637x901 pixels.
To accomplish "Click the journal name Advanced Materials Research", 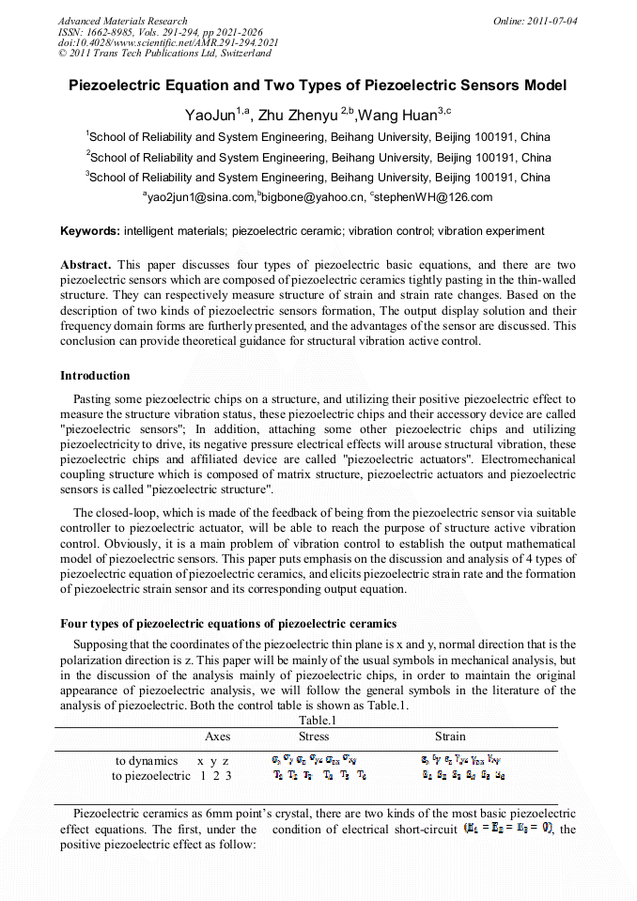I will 122,21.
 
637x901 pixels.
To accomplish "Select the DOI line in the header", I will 168,42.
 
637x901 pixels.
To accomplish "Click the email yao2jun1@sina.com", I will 201,197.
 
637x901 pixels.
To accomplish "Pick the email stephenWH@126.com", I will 433,197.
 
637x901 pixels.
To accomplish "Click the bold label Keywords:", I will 89,230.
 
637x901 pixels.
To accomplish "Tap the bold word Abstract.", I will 85,266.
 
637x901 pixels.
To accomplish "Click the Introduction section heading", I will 95,376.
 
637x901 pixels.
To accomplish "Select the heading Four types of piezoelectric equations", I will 228,624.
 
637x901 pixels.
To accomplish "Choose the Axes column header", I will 217,737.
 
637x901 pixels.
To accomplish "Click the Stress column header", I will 314,737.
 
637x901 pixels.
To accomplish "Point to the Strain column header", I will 450,737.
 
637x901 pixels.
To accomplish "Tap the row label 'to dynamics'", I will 147,760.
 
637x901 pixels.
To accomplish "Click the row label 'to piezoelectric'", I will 151,775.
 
